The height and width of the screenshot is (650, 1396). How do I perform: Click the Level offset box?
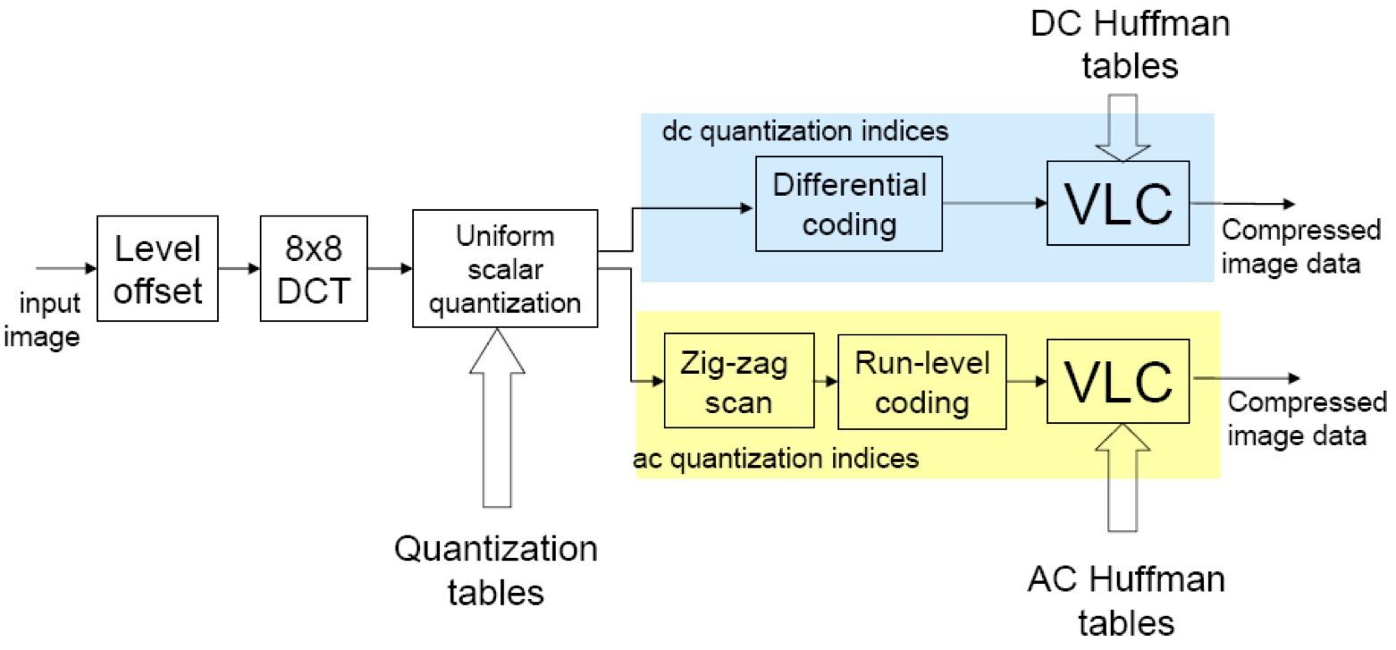157,267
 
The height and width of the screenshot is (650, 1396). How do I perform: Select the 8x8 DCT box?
313,267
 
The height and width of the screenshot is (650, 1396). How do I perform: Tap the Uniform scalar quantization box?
505,269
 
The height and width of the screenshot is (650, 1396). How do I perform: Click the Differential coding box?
848,204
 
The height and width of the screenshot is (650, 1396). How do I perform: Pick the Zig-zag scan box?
738,382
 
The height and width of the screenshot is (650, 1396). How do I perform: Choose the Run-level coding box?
921,382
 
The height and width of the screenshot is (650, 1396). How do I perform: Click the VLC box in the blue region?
1118,203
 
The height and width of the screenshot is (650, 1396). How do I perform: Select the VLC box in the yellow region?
1118,381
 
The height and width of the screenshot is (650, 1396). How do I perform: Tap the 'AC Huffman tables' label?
1124,600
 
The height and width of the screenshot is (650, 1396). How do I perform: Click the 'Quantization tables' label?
496,569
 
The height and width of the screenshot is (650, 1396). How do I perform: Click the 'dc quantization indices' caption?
804,131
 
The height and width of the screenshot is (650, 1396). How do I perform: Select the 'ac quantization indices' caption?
776,459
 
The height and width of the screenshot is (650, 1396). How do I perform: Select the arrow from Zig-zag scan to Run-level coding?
826,382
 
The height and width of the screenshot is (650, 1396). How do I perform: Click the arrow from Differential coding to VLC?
994,204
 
